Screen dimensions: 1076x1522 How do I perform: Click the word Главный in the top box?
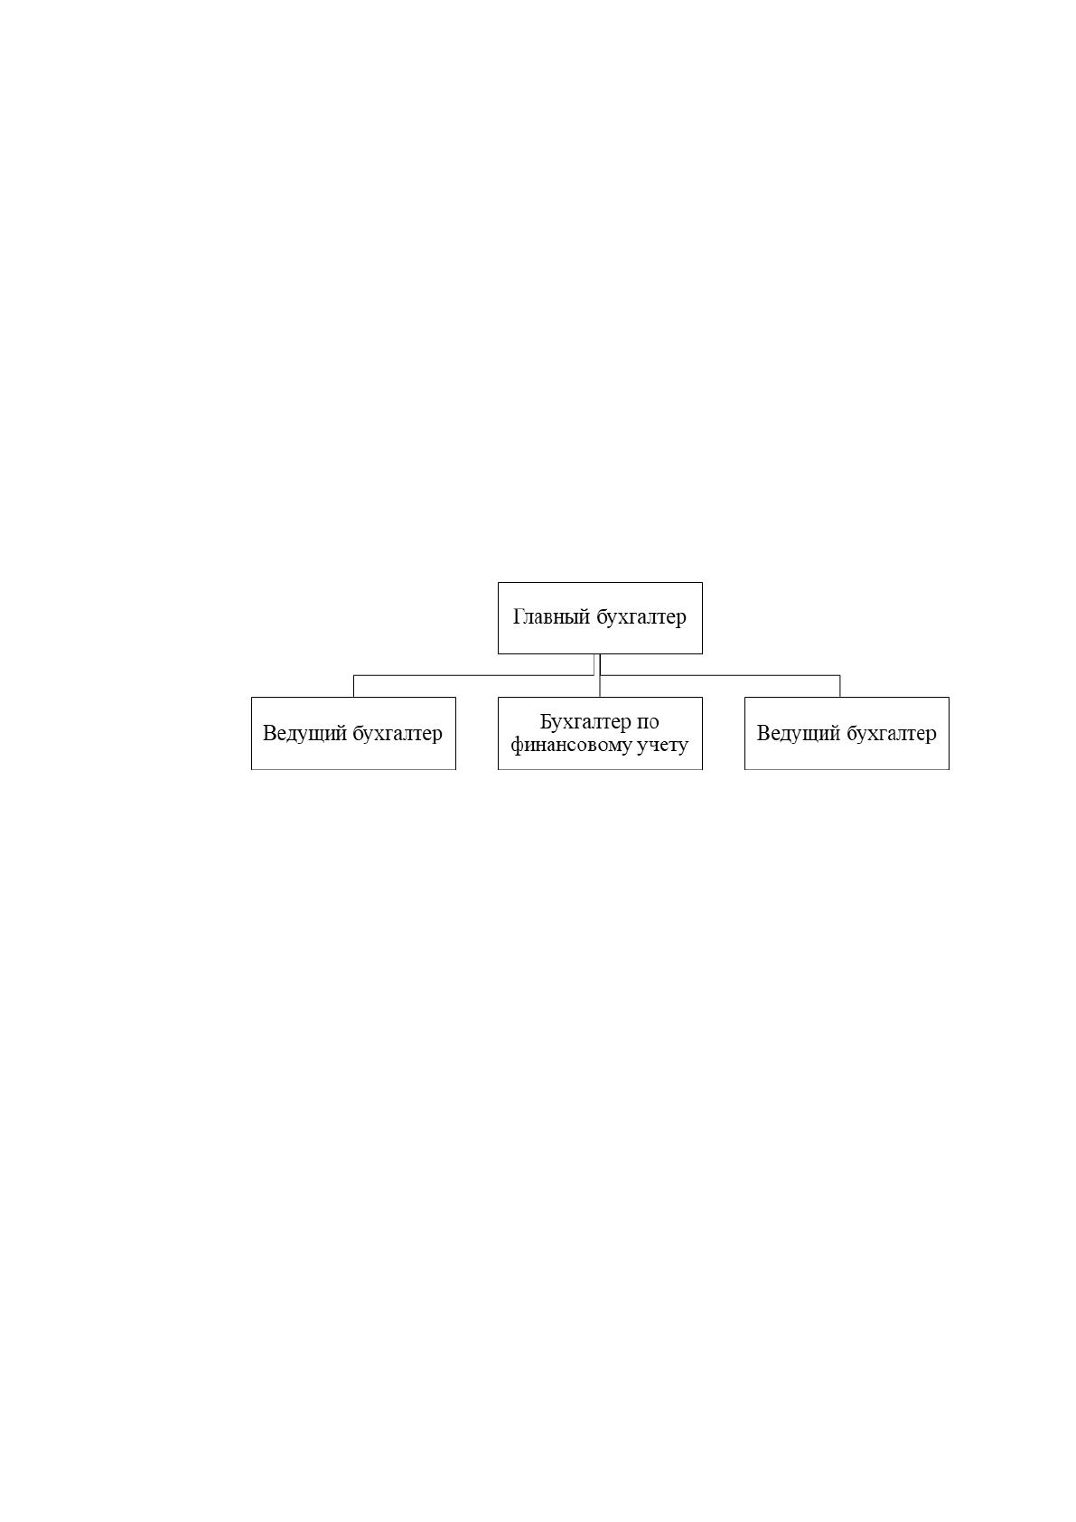click(x=551, y=617)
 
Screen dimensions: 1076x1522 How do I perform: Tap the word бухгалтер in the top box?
click(x=641, y=616)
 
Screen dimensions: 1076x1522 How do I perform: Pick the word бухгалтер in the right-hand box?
click(x=892, y=733)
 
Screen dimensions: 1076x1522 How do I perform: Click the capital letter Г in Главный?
click(x=519, y=616)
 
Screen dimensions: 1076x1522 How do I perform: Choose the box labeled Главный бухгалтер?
click(x=600, y=617)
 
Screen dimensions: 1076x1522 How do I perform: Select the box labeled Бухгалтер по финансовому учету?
click(x=600, y=733)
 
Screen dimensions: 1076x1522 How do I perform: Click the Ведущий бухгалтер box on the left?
click(x=353, y=733)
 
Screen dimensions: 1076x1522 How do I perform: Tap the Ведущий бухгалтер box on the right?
click(x=847, y=733)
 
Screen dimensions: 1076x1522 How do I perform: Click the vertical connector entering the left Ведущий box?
click(x=353, y=686)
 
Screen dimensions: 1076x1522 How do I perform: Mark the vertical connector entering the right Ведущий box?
click(x=839, y=686)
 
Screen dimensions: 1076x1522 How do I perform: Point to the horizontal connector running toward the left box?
click(x=473, y=675)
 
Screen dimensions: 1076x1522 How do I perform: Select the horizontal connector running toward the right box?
click(x=720, y=675)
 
